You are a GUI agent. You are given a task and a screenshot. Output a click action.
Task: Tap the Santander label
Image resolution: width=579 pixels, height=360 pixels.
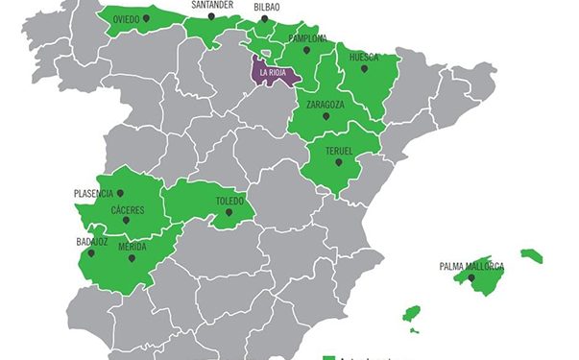click(211, 5)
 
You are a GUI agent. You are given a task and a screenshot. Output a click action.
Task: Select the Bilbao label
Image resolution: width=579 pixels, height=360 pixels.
click(267, 7)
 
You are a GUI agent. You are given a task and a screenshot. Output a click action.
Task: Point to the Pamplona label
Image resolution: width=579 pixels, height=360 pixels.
click(307, 39)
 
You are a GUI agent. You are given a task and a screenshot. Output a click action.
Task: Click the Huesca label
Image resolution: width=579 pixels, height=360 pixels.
click(364, 57)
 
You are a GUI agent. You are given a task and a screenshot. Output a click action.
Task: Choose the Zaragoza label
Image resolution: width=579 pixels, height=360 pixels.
click(326, 104)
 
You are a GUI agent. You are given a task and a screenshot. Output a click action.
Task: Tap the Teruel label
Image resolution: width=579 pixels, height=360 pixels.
click(339, 151)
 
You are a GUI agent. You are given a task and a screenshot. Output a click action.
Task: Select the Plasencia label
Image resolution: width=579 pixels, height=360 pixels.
click(100, 193)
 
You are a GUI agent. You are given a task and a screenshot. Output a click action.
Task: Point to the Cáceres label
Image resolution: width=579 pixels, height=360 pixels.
click(128, 209)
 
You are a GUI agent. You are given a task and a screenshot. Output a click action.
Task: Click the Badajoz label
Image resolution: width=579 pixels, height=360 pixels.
click(92, 242)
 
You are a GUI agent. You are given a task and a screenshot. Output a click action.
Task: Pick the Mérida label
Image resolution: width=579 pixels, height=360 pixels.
click(132, 246)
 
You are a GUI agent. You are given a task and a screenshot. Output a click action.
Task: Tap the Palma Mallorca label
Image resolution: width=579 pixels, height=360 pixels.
click(471, 266)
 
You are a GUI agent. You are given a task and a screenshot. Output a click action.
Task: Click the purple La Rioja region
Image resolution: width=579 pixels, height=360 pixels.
click(273, 71)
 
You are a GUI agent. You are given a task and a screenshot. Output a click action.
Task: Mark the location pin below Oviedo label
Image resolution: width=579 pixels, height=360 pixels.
click(145, 18)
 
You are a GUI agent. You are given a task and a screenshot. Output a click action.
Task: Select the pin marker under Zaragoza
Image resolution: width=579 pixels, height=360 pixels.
click(326, 115)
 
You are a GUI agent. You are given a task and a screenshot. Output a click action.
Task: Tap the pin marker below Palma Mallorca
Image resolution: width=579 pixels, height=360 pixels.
click(471, 277)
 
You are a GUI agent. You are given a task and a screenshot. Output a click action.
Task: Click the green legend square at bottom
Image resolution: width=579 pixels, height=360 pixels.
click(328, 356)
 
